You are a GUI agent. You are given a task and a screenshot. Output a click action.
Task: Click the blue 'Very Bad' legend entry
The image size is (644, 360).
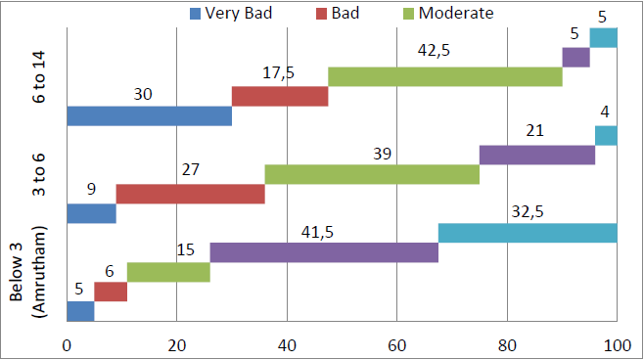[x=231, y=14]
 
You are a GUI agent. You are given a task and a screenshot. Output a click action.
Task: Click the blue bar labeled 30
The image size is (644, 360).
[x=149, y=116]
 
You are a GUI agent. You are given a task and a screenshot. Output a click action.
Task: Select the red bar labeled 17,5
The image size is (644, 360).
[x=280, y=96]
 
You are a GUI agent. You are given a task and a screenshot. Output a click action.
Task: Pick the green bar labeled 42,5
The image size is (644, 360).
[x=445, y=76]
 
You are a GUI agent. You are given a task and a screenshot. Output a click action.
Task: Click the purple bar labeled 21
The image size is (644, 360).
[x=537, y=155]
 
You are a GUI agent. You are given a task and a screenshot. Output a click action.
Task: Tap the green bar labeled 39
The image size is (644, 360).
[x=372, y=174]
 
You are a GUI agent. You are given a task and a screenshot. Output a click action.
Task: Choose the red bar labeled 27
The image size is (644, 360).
[x=191, y=194]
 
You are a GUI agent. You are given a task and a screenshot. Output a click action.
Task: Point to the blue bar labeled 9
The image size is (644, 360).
[x=91, y=213]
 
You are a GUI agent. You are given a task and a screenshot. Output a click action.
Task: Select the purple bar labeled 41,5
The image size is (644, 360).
[x=324, y=252]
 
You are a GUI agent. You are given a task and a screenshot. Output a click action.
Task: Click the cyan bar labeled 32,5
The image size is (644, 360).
[x=528, y=233]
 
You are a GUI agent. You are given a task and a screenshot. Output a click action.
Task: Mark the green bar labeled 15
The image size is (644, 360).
[x=168, y=272]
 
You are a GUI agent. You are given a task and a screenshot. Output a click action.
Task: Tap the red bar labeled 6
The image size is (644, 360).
[x=111, y=292]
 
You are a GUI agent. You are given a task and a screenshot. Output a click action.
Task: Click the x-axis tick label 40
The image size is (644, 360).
[x=287, y=344]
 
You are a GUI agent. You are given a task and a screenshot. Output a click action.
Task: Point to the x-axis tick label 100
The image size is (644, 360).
[x=617, y=344]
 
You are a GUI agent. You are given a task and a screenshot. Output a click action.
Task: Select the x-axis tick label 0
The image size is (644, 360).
[x=67, y=344]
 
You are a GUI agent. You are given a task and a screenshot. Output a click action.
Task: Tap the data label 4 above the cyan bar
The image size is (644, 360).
[x=605, y=112]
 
